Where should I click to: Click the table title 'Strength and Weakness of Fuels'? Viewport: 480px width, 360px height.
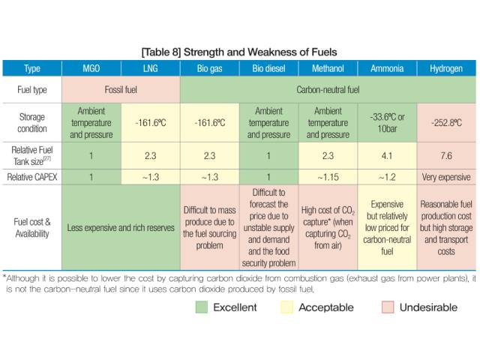point(260,52)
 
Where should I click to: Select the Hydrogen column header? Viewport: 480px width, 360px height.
point(446,68)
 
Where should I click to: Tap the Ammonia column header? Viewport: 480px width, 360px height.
point(387,68)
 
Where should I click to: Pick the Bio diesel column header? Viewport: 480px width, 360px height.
point(268,68)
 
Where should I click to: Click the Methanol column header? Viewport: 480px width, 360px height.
point(328,68)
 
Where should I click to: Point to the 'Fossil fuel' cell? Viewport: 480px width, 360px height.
point(121,90)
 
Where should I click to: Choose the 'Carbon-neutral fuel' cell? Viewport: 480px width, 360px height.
point(328,90)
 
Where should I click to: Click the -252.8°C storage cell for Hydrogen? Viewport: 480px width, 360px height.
point(446,123)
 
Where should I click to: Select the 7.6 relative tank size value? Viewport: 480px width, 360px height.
point(446,155)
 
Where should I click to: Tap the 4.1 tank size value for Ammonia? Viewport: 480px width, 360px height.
point(387,155)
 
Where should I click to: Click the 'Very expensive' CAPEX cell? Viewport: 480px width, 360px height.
point(446,177)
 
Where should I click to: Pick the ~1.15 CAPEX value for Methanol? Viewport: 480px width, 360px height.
point(328,177)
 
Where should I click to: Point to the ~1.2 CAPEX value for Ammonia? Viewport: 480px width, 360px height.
point(387,177)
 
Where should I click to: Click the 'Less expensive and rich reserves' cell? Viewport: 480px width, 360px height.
point(121,227)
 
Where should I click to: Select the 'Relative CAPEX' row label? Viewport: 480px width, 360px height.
point(32,177)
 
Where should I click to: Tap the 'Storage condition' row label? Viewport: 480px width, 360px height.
point(32,123)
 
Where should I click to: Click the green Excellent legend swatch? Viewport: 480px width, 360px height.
point(202,307)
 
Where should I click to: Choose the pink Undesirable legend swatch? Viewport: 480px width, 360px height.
point(388,307)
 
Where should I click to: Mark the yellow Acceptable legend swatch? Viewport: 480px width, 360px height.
point(286,307)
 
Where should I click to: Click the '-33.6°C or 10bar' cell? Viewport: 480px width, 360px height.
point(387,123)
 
